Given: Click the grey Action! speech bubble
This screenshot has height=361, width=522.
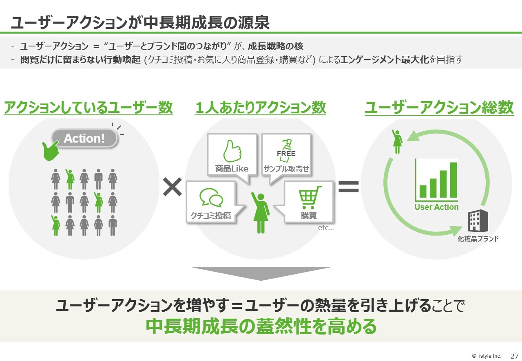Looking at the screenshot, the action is tap(84, 138).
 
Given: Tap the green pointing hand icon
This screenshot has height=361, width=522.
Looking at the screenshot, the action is tap(50, 151).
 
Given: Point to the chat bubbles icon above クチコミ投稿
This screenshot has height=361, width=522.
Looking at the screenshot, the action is tap(211, 198).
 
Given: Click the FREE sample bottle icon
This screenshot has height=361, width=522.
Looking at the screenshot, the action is tap(286, 150).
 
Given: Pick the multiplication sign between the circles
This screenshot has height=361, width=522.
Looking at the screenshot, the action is tap(173, 187).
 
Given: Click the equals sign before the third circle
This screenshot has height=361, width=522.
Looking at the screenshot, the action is tap(348, 187).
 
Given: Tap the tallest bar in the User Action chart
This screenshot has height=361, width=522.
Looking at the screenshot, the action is tap(453, 180).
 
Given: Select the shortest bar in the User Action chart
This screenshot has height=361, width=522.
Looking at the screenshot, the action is tap(423, 191).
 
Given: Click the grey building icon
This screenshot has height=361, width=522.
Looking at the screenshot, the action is tap(478, 220).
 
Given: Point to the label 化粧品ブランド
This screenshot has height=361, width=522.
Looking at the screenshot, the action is tap(478, 238).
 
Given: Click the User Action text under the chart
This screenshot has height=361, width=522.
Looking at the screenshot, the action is tap(436, 207).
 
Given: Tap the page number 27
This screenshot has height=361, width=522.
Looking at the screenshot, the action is tap(514, 356).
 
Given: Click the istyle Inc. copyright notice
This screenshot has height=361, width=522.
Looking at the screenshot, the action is tap(487, 356).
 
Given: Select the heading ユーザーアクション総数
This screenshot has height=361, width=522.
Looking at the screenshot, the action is tap(439, 108).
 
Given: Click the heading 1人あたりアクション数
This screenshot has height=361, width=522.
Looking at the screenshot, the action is tap(260, 108).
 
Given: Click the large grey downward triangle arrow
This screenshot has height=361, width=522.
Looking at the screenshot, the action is tap(261, 274).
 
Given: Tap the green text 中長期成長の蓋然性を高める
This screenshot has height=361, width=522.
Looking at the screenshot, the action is tap(261, 326).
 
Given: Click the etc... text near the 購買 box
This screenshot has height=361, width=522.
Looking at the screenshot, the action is tap(326, 227).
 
